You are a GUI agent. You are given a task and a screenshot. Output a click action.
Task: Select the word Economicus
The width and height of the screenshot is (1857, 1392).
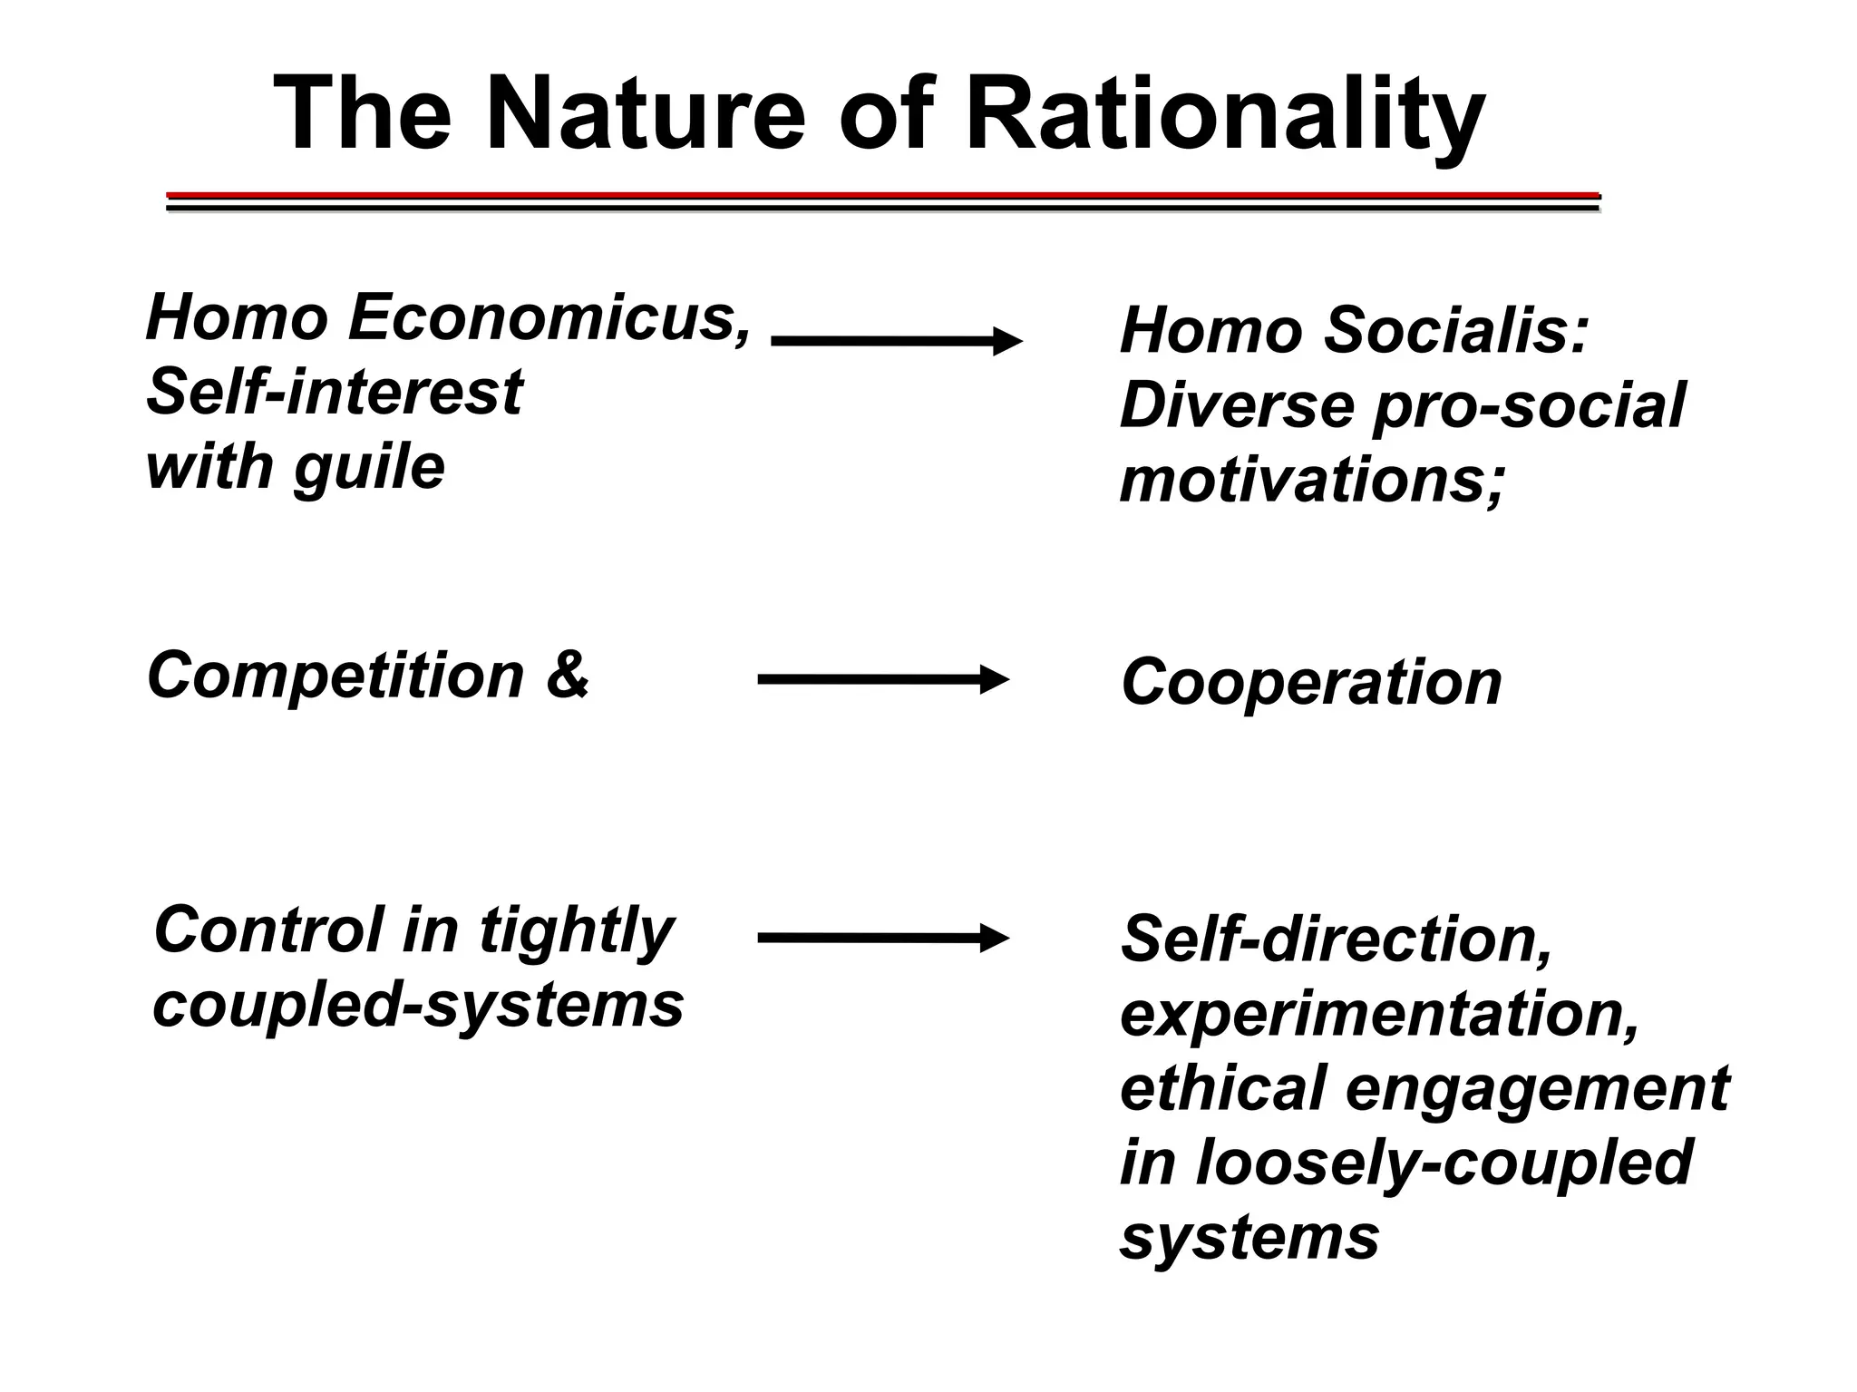pos(549,318)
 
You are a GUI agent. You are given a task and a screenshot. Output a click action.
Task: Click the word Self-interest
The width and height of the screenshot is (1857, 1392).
pos(334,393)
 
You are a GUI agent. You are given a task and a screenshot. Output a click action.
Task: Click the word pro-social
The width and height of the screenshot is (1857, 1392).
pos(1529,405)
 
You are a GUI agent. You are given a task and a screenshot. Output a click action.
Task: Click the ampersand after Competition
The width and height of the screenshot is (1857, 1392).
pos(568,675)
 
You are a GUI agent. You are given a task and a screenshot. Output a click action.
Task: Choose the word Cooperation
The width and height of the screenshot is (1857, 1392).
pos(1311,682)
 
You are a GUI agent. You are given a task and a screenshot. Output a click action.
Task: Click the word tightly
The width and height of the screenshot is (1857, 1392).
pos(576,931)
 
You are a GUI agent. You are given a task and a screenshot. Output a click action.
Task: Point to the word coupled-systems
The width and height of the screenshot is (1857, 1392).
pos(418,1005)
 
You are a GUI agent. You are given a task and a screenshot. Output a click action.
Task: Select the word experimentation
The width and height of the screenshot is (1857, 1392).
pos(1379,1014)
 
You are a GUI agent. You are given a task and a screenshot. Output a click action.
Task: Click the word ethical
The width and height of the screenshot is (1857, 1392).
pos(1222,1088)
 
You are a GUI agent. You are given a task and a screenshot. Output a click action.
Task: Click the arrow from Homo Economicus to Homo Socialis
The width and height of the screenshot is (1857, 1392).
pos(896,341)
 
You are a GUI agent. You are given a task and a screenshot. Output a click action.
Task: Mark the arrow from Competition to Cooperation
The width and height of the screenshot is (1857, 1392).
pos(883,679)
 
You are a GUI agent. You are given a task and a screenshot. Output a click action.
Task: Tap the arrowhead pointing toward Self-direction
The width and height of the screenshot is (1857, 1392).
pos(994,938)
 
